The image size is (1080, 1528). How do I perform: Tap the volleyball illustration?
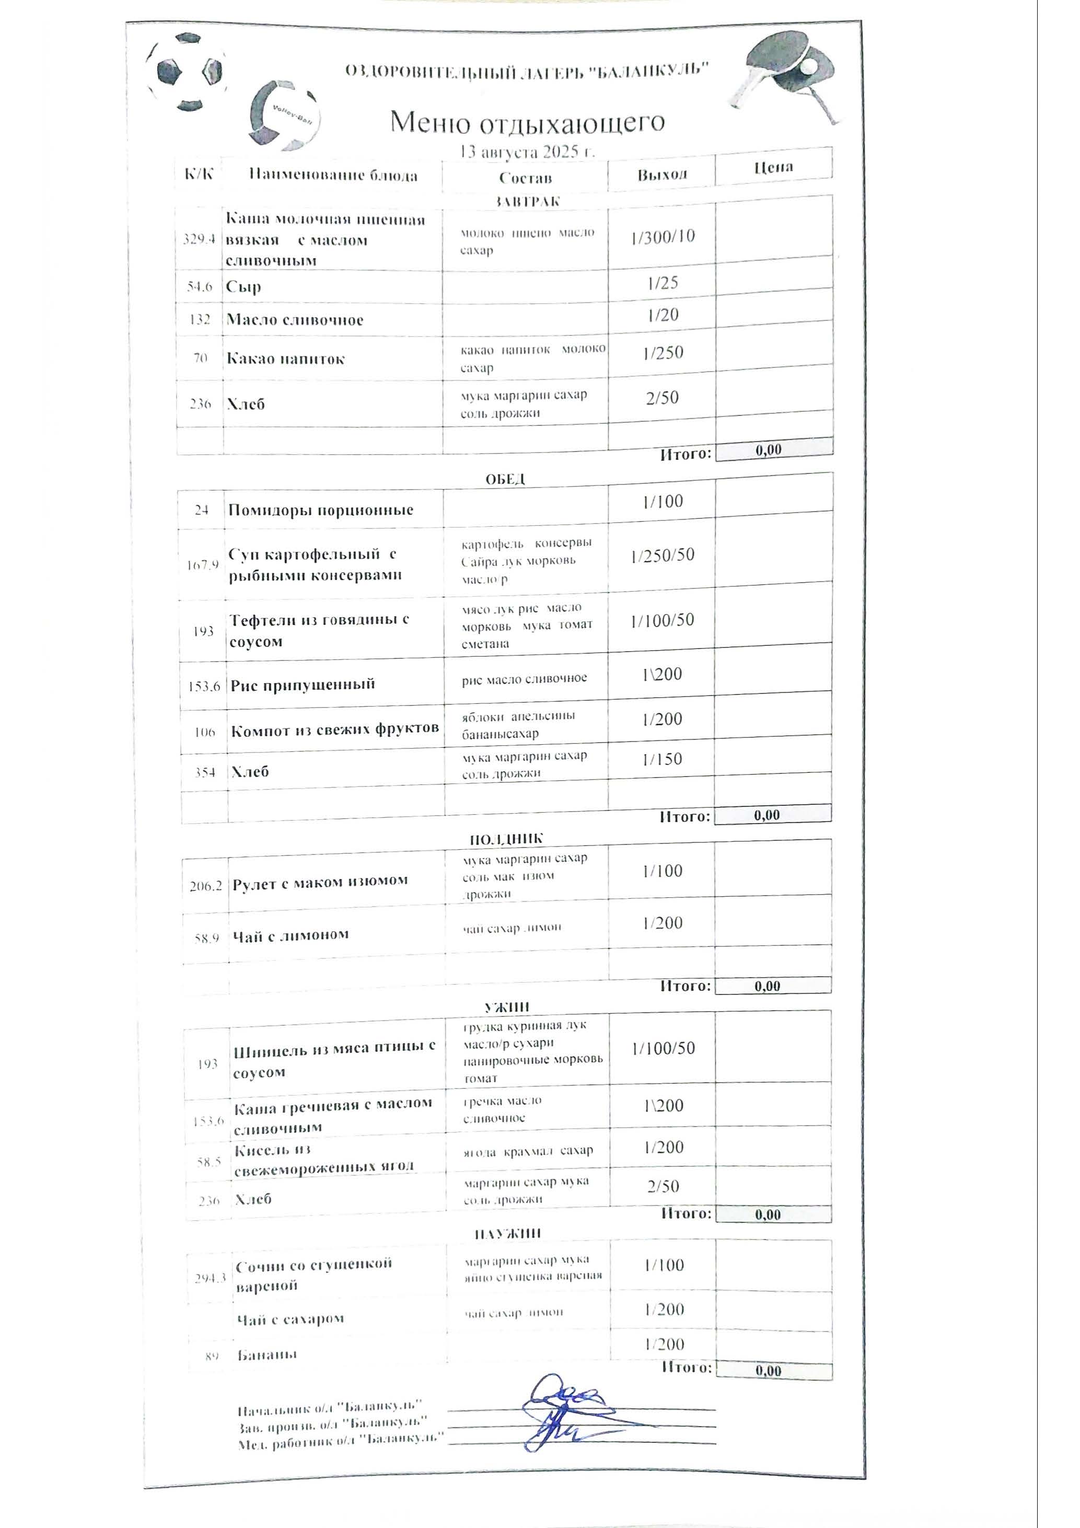pos(284,115)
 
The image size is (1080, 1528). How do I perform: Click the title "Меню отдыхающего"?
pos(527,122)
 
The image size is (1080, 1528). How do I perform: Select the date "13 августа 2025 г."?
pos(527,152)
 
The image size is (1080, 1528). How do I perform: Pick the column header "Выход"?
pos(661,175)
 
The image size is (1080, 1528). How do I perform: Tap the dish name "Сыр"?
pos(243,287)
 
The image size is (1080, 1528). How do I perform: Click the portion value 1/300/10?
pos(663,236)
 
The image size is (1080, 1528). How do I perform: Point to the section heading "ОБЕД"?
pos(505,479)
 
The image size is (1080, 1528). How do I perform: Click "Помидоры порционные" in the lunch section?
pos(321,511)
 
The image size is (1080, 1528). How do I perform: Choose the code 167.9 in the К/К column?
pos(202,565)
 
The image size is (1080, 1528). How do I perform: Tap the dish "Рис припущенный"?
pos(303,685)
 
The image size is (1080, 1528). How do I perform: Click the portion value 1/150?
pos(662,759)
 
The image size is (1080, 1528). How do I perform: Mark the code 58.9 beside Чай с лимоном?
pos(207,939)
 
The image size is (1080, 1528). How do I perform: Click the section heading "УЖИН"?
pos(506,1008)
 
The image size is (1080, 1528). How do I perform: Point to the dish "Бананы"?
pos(267,1355)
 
